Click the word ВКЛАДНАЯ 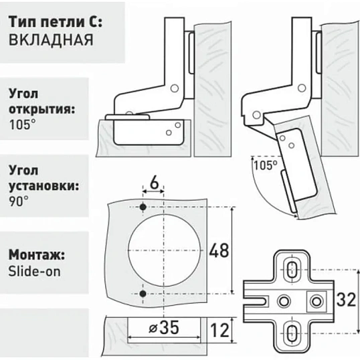pyautogui.click(x=51, y=40)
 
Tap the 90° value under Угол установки pyautogui.click(x=19, y=201)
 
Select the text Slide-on pyautogui.click(x=34, y=272)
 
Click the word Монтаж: pyautogui.click(x=37, y=255)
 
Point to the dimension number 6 pyautogui.click(x=155, y=183)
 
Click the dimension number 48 pyautogui.click(x=219, y=250)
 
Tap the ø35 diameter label pyautogui.click(x=164, y=327)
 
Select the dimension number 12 pyautogui.click(x=219, y=330)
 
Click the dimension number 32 pyautogui.click(x=346, y=299)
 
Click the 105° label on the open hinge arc pyautogui.click(x=266, y=165)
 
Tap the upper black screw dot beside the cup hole pyautogui.click(x=143, y=207)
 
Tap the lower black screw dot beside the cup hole pyautogui.click(x=143, y=293)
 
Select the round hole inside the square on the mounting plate pyautogui.click(x=317, y=301)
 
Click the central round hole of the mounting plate pyautogui.click(x=284, y=301)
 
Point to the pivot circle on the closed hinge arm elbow pyautogui.click(x=175, y=88)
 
